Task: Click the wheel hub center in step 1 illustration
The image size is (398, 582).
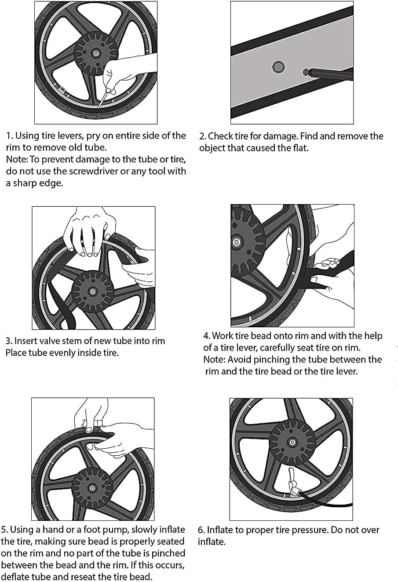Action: coord(95,53)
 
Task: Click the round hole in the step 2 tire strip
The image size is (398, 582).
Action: coord(278,67)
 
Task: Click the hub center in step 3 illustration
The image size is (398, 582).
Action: coord(93,291)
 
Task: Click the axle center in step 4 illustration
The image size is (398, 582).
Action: coord(237,242)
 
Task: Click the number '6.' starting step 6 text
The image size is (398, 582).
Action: coord(201,530)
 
